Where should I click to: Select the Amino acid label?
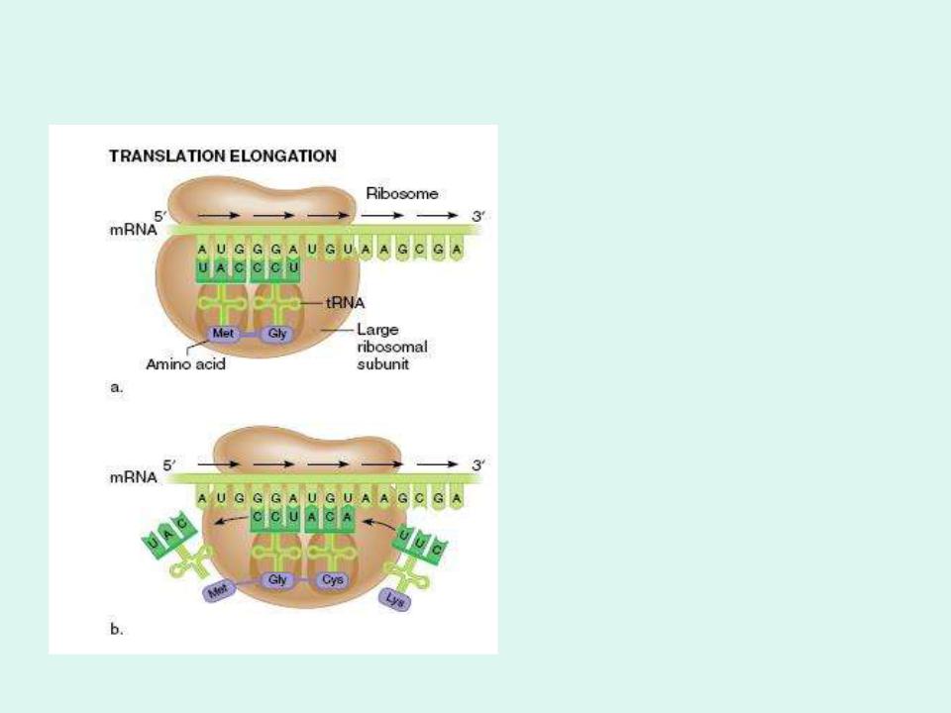pos(185,364)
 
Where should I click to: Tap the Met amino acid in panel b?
pos(216,592)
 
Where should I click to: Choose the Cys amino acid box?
pos(332,581)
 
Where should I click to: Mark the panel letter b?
pos(116,628)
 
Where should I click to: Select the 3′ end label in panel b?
pos(478,463)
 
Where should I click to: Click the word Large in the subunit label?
pos(376,329)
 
